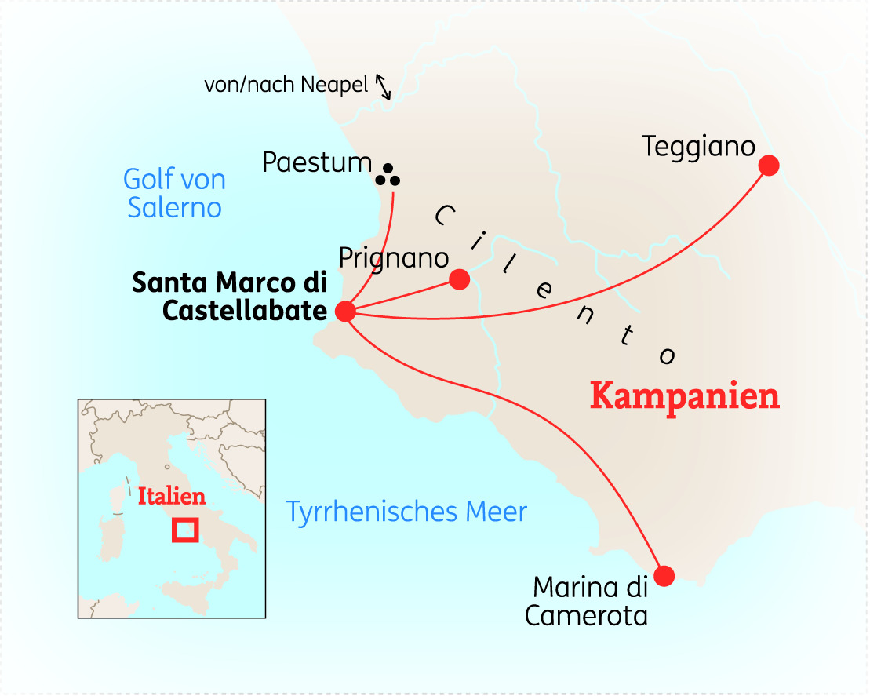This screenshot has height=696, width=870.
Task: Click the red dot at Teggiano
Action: point(769,165)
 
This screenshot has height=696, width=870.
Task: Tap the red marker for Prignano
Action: point(459,279)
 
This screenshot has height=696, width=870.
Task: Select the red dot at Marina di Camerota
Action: point(664,576)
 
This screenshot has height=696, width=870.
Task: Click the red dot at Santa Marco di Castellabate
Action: point(345,312)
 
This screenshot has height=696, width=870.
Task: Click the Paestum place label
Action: point(317,162)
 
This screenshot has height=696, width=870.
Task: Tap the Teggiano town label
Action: point(698,146)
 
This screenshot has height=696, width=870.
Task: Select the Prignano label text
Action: point(394,257)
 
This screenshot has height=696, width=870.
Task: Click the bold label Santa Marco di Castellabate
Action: point(229,297)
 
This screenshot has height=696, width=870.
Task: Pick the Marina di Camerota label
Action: point(587,601)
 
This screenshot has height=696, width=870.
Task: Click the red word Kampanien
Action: point(685,396)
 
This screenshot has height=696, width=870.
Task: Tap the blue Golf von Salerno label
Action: point(174,193)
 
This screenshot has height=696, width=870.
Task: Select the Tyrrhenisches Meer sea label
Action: point(406,512)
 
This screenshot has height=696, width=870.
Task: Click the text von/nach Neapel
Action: point(286,85)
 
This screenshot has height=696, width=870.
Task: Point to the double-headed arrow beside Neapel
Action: point(383,86)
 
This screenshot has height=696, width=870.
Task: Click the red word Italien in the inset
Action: point(172,497)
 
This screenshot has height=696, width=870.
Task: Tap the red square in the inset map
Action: point(185,530)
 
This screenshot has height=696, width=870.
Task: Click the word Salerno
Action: point(174,208)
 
